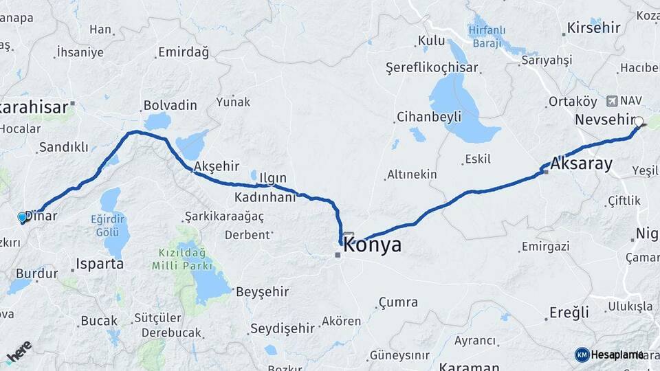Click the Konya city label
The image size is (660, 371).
tap(372, 245)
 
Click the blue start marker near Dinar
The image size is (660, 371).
tap(22, 218)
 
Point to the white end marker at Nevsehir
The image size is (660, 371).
tap(639, 122)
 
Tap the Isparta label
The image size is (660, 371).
tap(100, 264)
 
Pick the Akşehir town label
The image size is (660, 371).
tap(217, 166)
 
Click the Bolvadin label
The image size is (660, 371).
tap(169, 106)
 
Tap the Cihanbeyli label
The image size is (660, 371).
tap(429, 117)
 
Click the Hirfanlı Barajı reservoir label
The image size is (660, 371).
tap(487, 35)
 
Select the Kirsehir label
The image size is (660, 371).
tap(593, 28)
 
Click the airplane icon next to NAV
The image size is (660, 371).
tap(612, 102)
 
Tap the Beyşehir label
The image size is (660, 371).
tap(262, 292)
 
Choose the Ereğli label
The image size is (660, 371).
tap(569, 313)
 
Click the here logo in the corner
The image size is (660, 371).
tap(19, 352)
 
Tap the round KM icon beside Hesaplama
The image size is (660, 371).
tap(582, 355)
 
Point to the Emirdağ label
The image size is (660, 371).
tap(183, 52)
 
